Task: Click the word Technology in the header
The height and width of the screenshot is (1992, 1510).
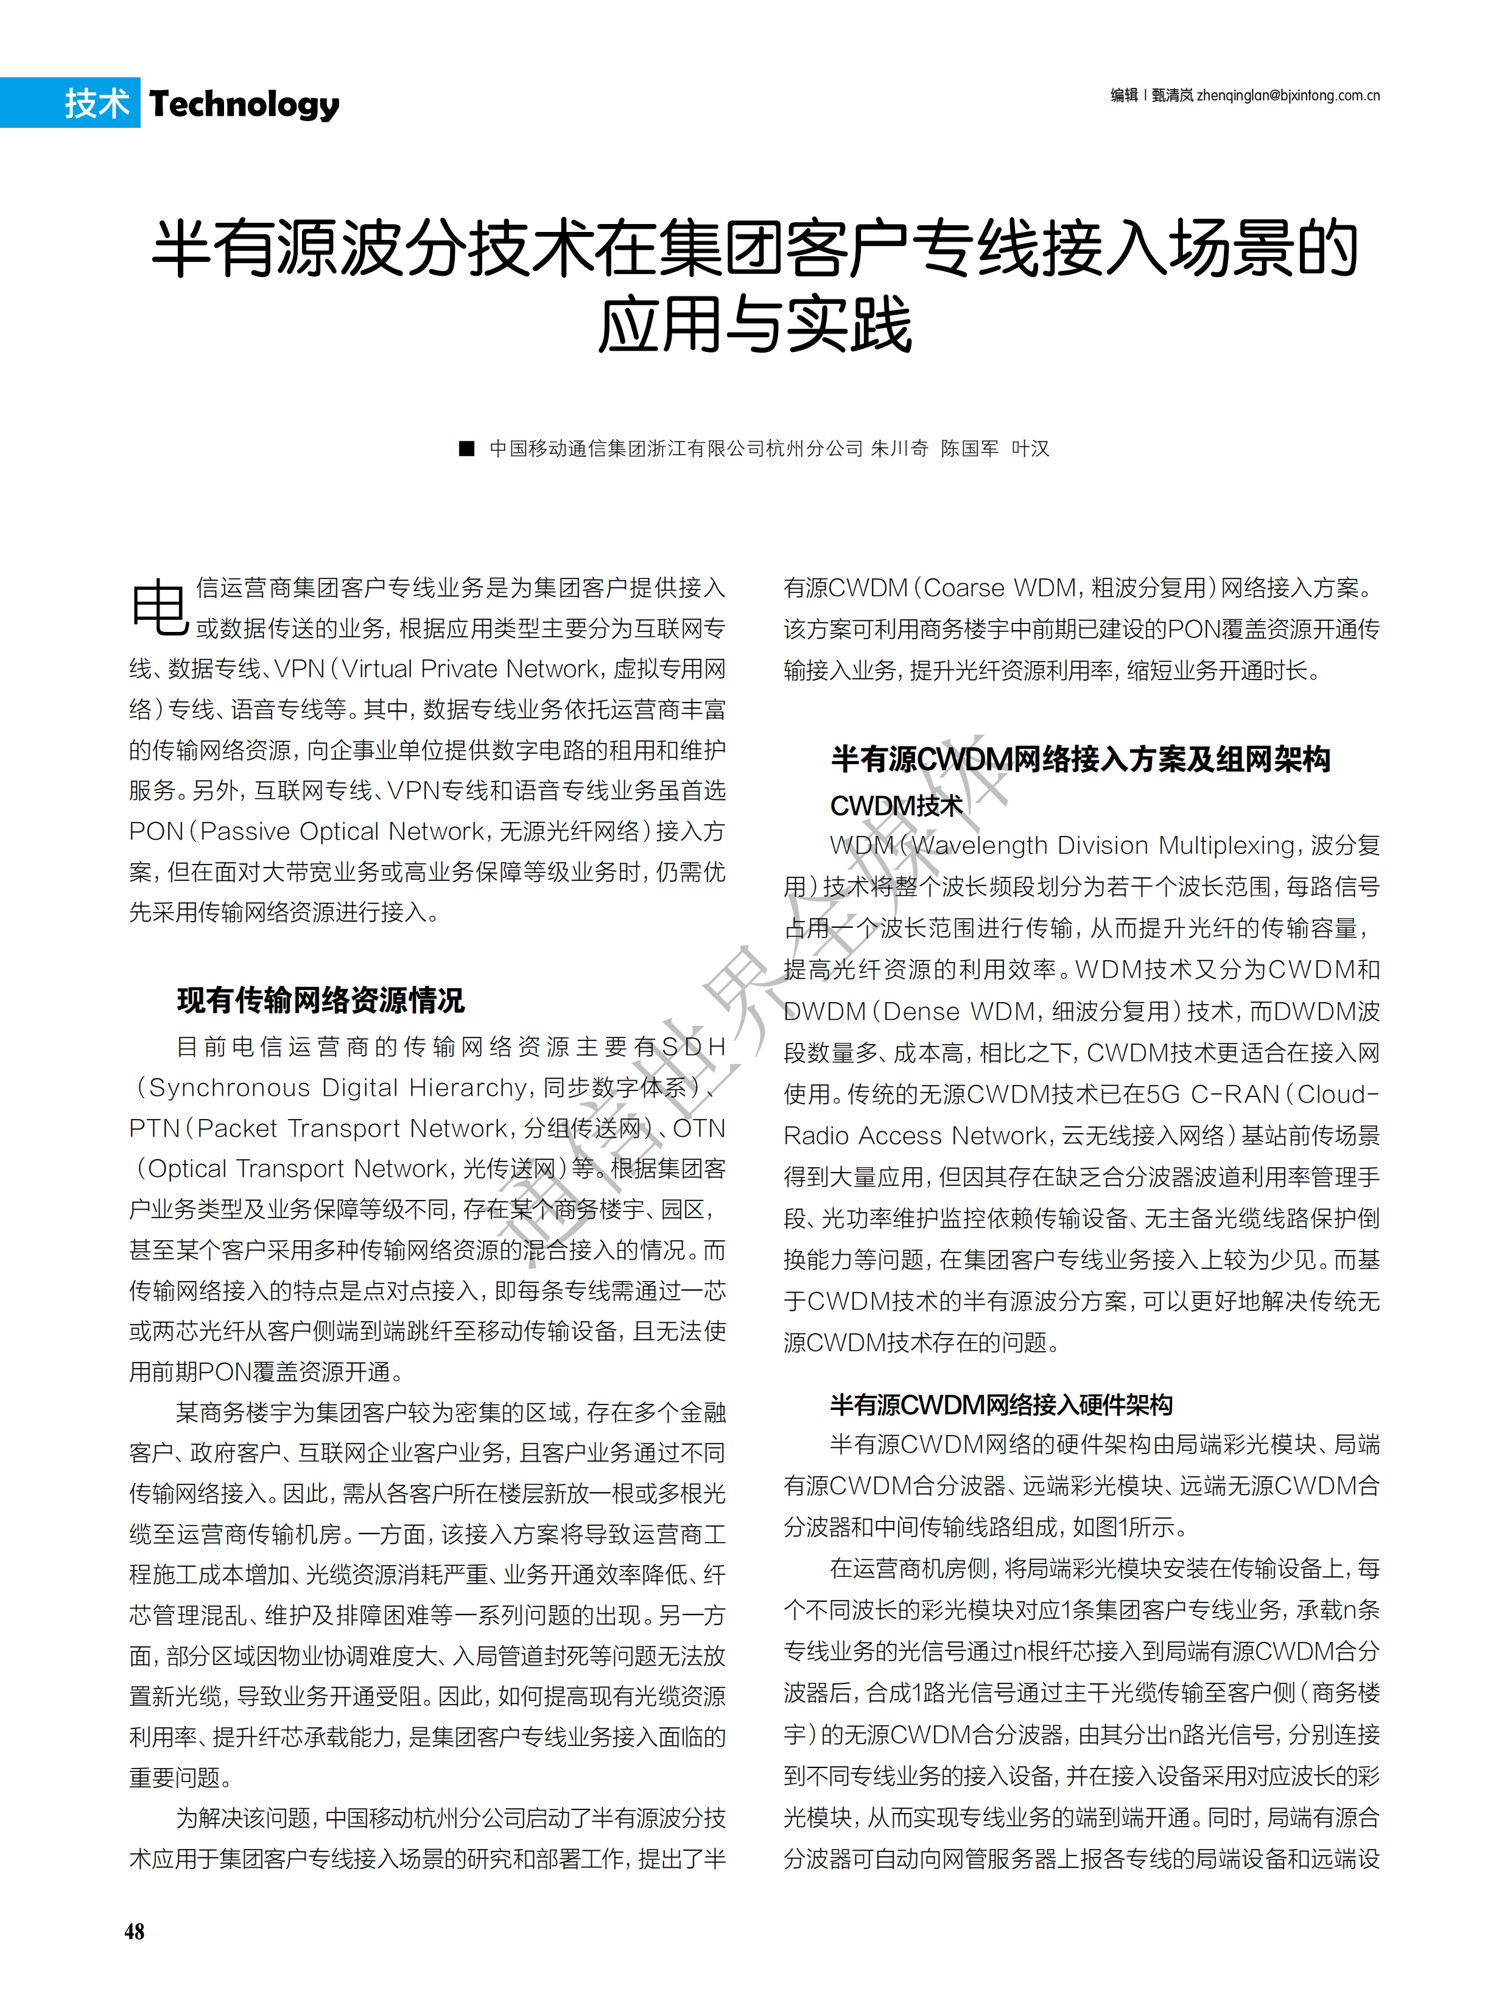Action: point(244,105)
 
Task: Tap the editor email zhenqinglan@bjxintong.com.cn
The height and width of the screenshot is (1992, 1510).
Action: point(1288,96)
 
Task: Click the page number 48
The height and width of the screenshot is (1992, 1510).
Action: point(134,1931)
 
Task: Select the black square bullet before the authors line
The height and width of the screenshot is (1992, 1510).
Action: point(466,449)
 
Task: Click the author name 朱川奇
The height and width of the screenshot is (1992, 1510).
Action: point(899,449)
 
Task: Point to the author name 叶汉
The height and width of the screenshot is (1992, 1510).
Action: point(1030,449)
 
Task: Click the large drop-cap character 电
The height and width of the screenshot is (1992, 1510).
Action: point(160,607)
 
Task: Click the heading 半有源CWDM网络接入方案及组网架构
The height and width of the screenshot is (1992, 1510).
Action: point(1081,759)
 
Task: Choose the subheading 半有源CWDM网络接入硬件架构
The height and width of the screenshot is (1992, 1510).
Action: point(1000,1404)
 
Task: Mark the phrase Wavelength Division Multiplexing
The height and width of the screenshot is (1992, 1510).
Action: point(1104,846)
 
